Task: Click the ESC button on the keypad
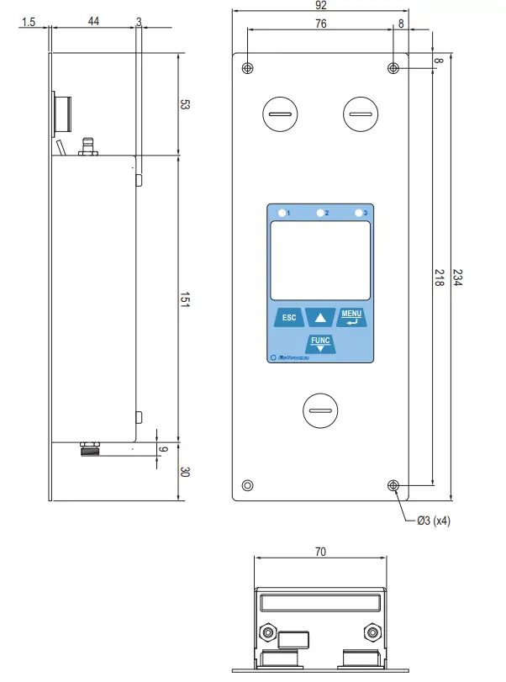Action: tap(288, 318)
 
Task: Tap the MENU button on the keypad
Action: tap(351, 317)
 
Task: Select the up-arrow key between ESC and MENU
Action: tap(320, 318)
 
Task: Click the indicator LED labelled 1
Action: tap(282, 213)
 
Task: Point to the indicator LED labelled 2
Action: tap(320, 213)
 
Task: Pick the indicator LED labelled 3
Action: tap(359, 213)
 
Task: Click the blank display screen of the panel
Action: tap(320, 260)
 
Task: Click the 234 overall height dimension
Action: tap(458, 278)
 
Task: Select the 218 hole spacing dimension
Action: tap(439, 278)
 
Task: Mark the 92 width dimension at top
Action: tap(321, 6)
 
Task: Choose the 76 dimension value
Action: tap(321, 24)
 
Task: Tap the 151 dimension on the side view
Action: tap(186, 301)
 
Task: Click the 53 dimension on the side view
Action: tap(186, 105)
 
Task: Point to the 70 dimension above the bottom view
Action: tap(320, 552)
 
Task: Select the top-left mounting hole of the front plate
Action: tap(247, 68)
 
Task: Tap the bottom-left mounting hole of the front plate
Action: tap(247, 485)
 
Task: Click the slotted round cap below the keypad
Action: tap(320, 410)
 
